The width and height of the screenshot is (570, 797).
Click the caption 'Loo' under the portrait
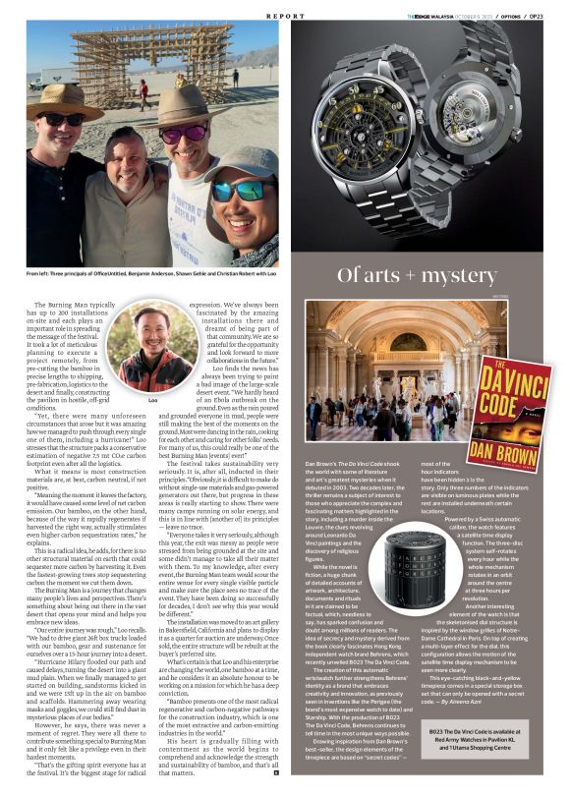[x=152, y=401]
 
